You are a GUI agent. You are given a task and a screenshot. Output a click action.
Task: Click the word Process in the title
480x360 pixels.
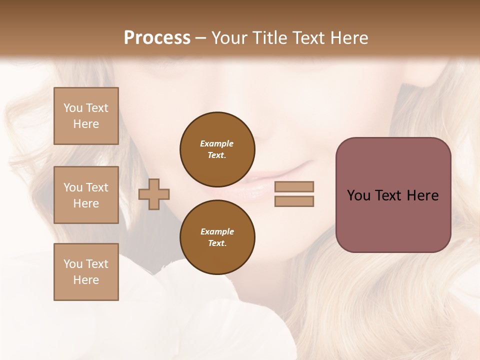coord(157,38)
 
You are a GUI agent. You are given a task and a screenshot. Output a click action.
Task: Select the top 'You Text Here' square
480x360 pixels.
coord(86,116)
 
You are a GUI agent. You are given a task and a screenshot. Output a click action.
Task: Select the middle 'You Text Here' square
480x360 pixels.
coord(86,195)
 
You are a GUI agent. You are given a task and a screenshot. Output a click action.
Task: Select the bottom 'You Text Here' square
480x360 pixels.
coord(86,272)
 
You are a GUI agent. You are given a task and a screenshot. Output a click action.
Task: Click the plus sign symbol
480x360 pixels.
coord(154,194)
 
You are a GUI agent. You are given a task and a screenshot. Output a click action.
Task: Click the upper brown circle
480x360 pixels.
coord(217,149)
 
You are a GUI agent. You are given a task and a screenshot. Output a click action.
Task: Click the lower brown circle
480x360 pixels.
coord(217,237)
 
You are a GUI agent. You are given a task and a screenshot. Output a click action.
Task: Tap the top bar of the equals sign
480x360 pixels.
coord(294,186)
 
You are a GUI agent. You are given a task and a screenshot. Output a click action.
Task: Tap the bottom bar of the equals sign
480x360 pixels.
coord(294,201)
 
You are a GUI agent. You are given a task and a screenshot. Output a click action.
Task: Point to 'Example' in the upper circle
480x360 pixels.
coord(217,143)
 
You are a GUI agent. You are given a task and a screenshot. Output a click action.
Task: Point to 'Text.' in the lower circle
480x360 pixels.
coord(217,243)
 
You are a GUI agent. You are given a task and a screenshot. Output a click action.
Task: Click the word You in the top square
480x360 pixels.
coord(73,108)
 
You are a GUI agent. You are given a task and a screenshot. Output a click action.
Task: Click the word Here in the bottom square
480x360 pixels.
coord(86,280)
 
